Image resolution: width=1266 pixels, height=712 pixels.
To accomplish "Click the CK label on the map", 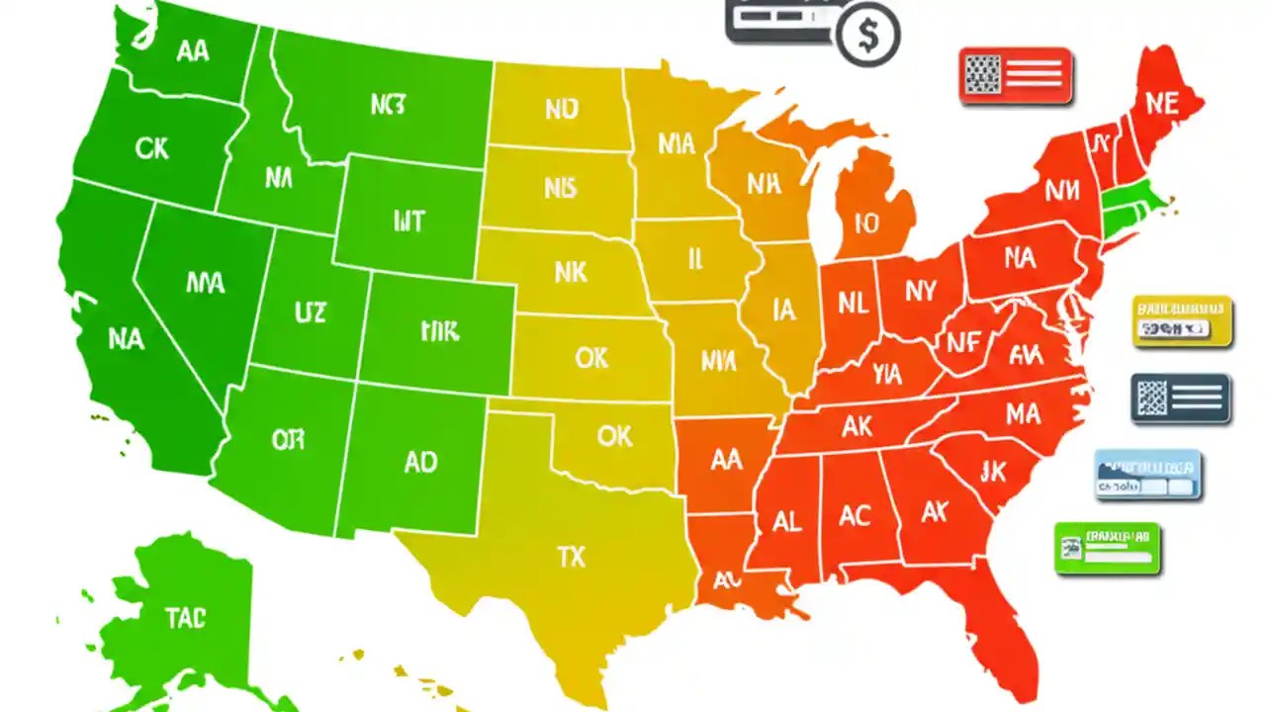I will pos(151,149).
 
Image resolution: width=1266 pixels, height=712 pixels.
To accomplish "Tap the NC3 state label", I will pos(388,105).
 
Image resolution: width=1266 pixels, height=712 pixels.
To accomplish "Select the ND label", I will pos(561,109).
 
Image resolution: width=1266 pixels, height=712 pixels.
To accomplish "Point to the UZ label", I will pos(310,313).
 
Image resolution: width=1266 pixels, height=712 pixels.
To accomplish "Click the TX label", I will pos(571,558).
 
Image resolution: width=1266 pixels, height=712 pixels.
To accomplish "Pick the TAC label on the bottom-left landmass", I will pos(185,619).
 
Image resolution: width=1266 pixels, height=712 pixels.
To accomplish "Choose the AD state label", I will pos(420,462).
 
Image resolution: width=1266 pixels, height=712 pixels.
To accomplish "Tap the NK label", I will pos(571,272).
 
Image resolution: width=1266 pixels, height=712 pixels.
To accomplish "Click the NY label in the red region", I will pos(920,291).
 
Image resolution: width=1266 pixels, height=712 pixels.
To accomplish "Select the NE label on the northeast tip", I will pos(1161,104).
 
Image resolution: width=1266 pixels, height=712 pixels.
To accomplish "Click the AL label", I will pos(786,522).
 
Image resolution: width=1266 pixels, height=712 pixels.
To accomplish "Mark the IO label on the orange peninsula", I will pos(866,223).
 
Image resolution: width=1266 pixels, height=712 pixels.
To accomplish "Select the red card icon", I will pos(1016,75).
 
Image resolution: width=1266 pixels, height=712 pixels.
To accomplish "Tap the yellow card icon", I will pos(1182,321).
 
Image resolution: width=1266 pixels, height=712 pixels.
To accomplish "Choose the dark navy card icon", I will pos(1180,399).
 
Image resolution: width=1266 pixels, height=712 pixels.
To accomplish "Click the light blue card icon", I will pos(1147,475).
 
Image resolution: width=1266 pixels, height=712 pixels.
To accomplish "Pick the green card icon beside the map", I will pos(1107,549).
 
